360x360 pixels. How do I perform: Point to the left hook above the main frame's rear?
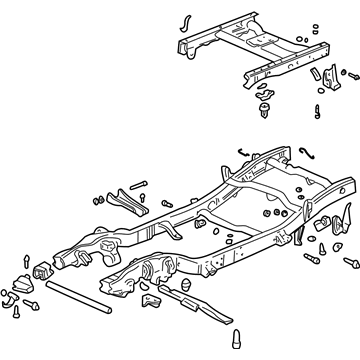pyautogui.click(x=241, y=152)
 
